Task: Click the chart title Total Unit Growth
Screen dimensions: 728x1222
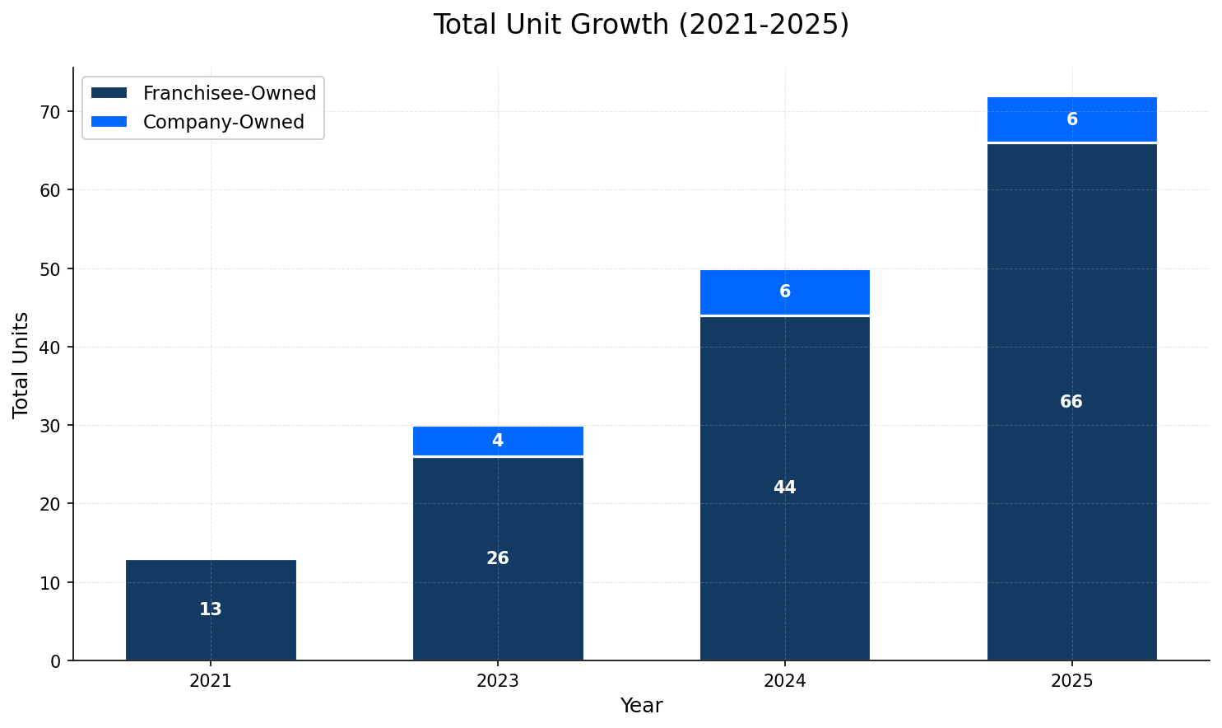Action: [640, 25]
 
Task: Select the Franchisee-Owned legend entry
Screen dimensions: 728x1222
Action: [229, 93]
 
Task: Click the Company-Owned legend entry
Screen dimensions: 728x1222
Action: [223, 122]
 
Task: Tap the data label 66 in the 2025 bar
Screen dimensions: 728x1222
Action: [1071, 402]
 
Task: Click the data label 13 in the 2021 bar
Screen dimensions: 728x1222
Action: [211, 609]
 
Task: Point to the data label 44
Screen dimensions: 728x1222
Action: [784, 488]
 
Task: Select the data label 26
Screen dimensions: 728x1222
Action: [498, 558]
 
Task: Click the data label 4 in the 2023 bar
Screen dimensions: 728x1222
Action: [498, 441]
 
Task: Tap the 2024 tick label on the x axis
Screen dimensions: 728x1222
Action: [784, 681]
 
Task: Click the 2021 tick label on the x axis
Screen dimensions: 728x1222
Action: [211, 681]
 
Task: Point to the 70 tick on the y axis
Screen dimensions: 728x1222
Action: [52, 112]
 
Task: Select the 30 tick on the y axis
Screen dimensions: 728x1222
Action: [52, 426]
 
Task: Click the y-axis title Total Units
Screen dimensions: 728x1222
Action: [21, 364]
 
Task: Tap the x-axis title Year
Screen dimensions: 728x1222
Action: [641, 706]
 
